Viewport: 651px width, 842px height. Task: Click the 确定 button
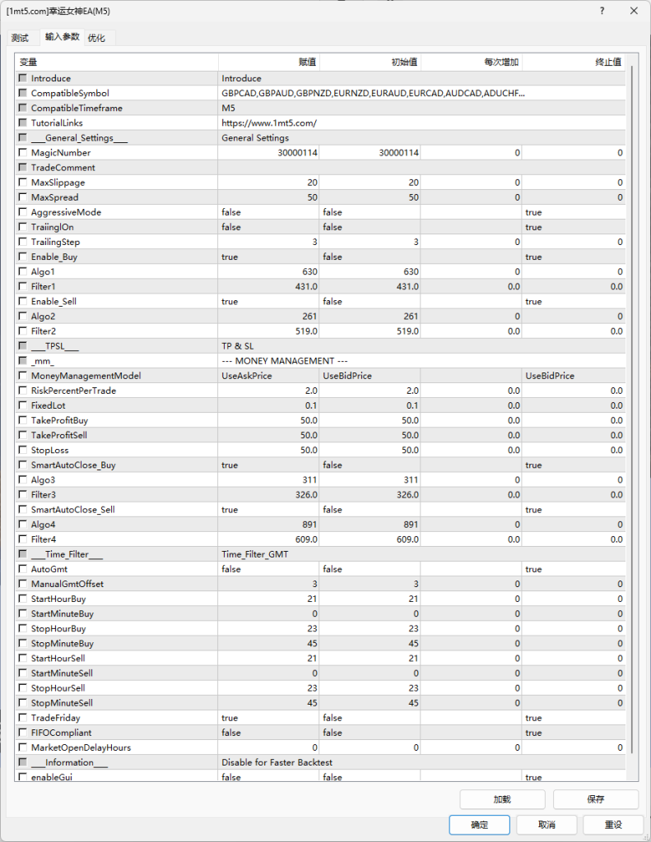coord(480,825)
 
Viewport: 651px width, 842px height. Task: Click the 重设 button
coord(613,825)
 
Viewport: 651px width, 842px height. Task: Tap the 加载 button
coord(502,799)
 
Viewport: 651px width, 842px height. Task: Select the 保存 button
coord(596,799)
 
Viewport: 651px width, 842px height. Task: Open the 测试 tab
coord(20,38)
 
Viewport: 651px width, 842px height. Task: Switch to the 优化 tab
coord(96,38)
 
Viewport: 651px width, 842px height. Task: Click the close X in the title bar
coord(633,12)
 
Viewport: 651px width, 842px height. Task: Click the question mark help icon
coord(602,12)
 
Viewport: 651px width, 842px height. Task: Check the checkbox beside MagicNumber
coord(23,153)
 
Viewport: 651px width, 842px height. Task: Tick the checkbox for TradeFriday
coord(23,718)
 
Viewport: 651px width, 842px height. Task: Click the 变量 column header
coord(28,62)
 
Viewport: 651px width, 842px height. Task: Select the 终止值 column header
coord(608,62)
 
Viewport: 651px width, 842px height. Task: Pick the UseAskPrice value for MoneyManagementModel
coord(247,376)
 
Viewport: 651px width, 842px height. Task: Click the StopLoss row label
coord(50,450)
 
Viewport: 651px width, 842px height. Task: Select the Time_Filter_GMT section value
coord(255,554)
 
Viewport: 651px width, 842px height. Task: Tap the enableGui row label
coord(49,777)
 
